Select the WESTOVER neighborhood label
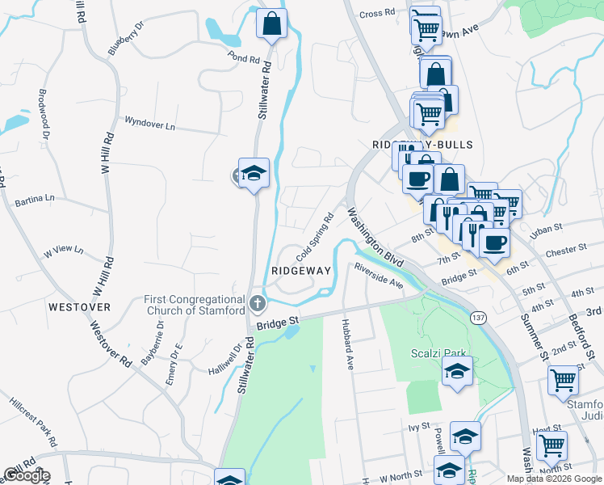[78, 307]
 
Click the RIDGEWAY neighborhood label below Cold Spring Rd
[301, 271]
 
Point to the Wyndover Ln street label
[149, 125]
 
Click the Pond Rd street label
[243, 59]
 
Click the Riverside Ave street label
[378, 276]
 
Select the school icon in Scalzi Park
[458, 372]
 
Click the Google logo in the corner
[26, 475]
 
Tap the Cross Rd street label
[376, 14]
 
